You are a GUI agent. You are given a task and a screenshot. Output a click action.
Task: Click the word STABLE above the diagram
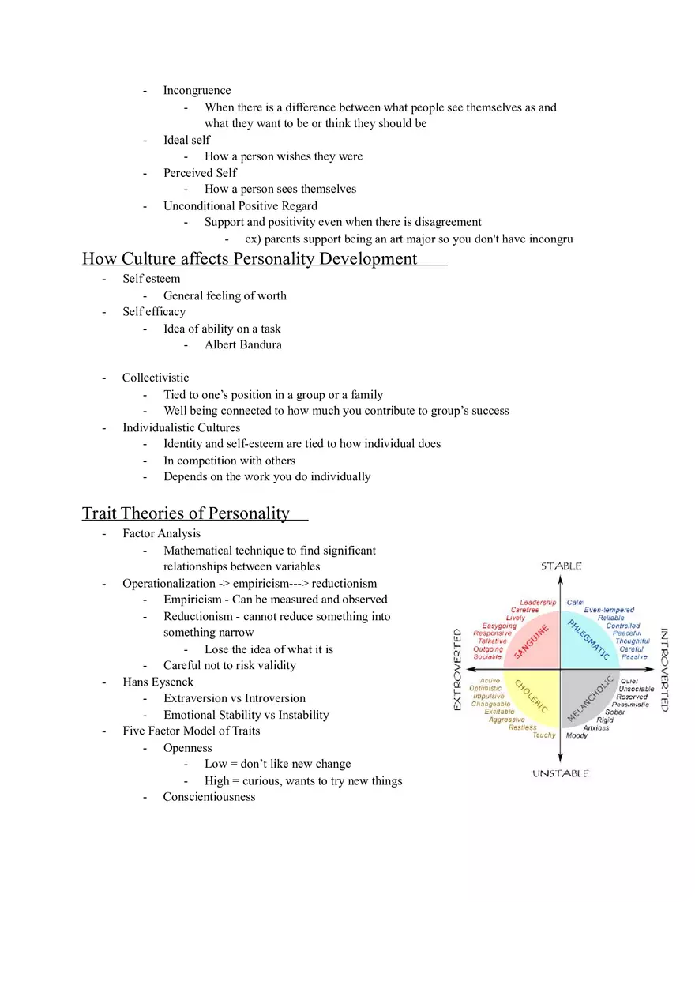coord(561,566)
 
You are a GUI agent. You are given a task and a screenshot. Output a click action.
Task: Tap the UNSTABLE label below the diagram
coord(561,773)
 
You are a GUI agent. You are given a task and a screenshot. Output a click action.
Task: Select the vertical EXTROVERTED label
coord(457,670)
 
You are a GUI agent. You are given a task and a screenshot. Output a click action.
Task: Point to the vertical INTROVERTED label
coord(664,670)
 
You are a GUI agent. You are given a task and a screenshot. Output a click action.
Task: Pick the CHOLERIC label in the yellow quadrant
coord(532,698)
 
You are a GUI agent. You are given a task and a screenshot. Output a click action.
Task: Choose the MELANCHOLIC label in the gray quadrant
coord(590,698)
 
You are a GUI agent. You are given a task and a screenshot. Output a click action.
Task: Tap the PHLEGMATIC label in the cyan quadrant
coord(588,640)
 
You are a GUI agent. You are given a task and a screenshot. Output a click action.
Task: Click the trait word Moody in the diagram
coord(577,735)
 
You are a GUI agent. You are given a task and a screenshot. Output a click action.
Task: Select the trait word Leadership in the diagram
coord(538,603)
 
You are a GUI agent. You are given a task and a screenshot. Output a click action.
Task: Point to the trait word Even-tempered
coord(609,610)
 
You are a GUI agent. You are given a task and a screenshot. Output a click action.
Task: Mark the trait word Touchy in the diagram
coord(544,735)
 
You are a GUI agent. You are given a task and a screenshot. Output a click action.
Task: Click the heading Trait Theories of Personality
coord(186,513)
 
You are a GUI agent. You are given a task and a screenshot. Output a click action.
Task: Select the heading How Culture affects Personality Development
coord(250,258)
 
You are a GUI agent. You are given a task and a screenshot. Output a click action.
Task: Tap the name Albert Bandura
coord(242,344)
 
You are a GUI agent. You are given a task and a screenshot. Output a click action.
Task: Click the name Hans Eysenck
coord(158,682)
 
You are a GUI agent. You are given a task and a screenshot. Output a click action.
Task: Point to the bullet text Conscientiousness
coord(209,796)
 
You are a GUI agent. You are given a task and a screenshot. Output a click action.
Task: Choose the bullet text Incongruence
coord(197,90)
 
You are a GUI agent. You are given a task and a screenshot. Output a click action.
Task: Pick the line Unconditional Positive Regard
coord(240,205)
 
